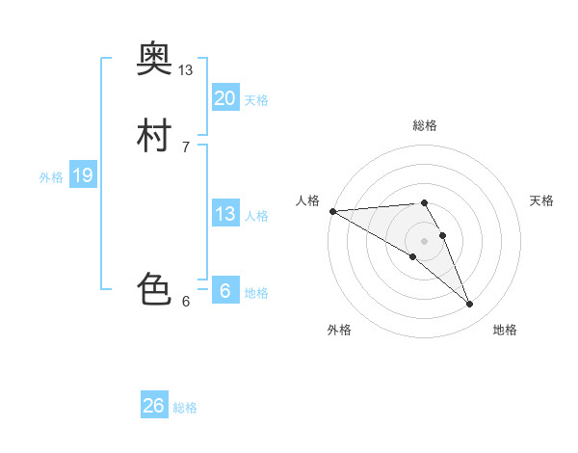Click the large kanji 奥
(x=154, y=61)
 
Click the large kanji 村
(x=154, y=136)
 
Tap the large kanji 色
(x=154, y=288)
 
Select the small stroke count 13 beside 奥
(x=186, y=70)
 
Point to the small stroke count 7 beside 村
(x=186, y=147)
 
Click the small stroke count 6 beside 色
(x=186, y=301)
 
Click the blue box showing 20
(x=225, y=97)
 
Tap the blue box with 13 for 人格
(x=225, y=214)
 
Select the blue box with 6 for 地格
(x=225, y=290)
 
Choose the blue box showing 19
(x=83, y=175)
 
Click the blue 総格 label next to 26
(x=185, y=408)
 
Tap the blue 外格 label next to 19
(x=51, y=177)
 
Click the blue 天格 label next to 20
(x=256, y=100)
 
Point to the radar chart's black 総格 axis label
(x=425, y=125)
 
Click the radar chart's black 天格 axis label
(x=542, y=200)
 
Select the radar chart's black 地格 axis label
(x=505, y=330)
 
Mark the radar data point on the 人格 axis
(x=332, y=211)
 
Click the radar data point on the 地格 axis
(x=470, y=305)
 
